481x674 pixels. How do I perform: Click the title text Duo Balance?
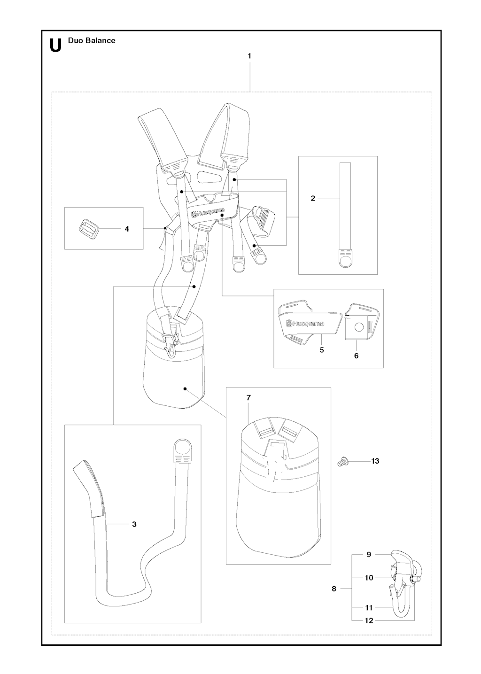click(92, 40)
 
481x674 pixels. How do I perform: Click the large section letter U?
click(55, 45)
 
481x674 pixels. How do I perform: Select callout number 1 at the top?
click(249, 56)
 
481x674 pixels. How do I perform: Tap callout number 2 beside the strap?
click(313, 198)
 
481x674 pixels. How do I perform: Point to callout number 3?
click(134, 524)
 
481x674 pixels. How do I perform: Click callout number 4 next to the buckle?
click(127, 229)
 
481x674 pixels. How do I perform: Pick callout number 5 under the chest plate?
click(322, 350)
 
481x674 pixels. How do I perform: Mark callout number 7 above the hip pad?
click(248, 398)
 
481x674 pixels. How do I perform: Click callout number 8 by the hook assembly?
click(334, 589)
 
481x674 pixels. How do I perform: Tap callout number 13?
click(375, 461)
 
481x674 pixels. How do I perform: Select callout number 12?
click(369, 620)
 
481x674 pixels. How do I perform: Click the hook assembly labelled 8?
click(402, 582)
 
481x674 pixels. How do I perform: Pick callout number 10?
click(369, 578)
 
